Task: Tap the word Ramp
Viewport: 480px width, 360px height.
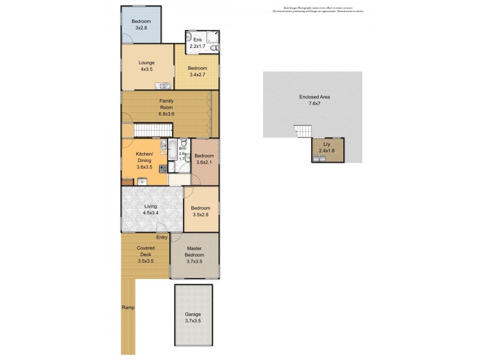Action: click(x=128, y=308)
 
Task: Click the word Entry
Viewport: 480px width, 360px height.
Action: click(x=162, y=238)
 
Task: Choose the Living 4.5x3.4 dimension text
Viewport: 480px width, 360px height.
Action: click(x=151, y=213)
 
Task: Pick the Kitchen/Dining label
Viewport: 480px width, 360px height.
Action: click(x=145, y=157)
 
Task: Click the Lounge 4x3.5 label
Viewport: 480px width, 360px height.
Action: click(x=147, y=66)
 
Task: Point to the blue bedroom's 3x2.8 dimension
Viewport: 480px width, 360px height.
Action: click(x=142, y=28)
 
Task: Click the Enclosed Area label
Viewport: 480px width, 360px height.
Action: click(x=315, y=97)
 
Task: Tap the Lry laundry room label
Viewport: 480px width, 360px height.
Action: click(x=327, y=145)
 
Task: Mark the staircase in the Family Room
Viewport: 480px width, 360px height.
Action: click(x=152, y=130)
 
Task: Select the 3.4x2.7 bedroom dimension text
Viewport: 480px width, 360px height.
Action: click(x=197, y=74)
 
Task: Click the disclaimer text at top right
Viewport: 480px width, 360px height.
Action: click(x=317, y=10)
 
